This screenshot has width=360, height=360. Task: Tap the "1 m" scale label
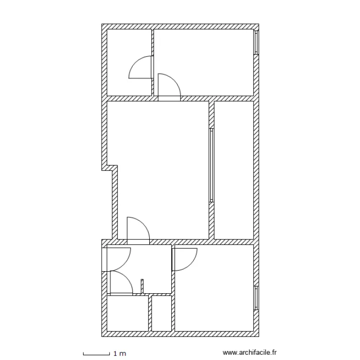point(119,353)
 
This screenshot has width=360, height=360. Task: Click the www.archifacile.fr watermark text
point(251,353)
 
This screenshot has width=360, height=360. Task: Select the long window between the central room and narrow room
point(211,164)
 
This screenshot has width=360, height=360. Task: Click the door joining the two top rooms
point(142,67)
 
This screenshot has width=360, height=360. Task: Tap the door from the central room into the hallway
point(138,229)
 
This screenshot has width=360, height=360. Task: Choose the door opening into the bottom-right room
point(184,259)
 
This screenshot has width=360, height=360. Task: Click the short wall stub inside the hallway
point(142,286)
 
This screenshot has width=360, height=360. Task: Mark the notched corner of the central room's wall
point(112,168)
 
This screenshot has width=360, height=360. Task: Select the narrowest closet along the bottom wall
point(162,313)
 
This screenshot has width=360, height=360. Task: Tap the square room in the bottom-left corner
point(127,313)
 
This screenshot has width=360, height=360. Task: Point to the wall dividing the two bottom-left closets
point(150,313)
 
